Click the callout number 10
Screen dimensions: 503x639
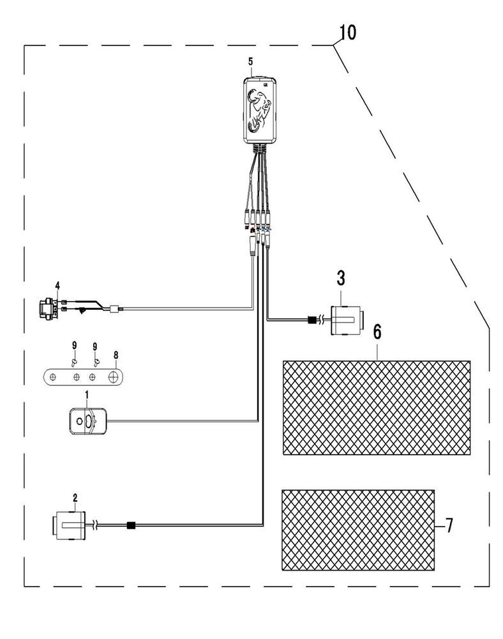(x=347, y=33)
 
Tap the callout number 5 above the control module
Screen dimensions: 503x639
(x=250, y=61)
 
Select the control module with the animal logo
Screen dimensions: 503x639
(x=260, y=111)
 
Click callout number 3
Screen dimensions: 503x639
(x=341, y=278)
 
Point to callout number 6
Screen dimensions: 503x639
(x=377, y=332)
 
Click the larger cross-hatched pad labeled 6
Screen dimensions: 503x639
(x=377, y=408)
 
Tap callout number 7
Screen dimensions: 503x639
(x=449, y=526)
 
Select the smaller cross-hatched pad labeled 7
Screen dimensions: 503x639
(x=358, y=530)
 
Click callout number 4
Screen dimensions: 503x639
(x=57, y=285)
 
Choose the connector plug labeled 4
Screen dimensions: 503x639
(x=47, y=309)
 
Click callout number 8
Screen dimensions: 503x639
(x=116, y=355)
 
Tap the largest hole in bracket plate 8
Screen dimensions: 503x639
(x=113, y=378)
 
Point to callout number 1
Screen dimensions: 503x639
(x=87, y=394)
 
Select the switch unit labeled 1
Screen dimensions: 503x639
(x=88, y=421)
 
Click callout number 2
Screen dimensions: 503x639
(x=75, y=498)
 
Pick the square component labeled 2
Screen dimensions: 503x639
(x=69, y=526)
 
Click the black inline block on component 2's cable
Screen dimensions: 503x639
(x=131, y=525)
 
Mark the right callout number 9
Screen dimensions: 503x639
(x=95, y=346)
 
